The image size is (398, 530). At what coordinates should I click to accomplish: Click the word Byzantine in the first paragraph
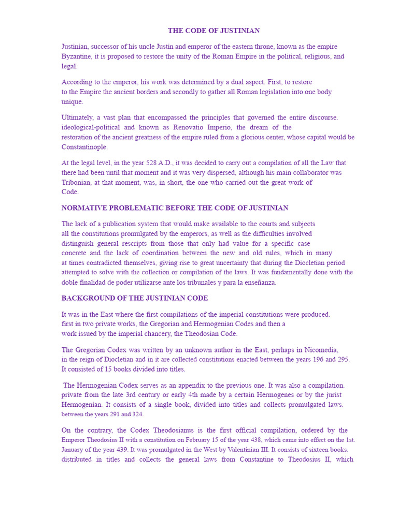pos(78,56)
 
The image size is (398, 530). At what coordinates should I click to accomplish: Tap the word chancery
pos(160,334)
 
